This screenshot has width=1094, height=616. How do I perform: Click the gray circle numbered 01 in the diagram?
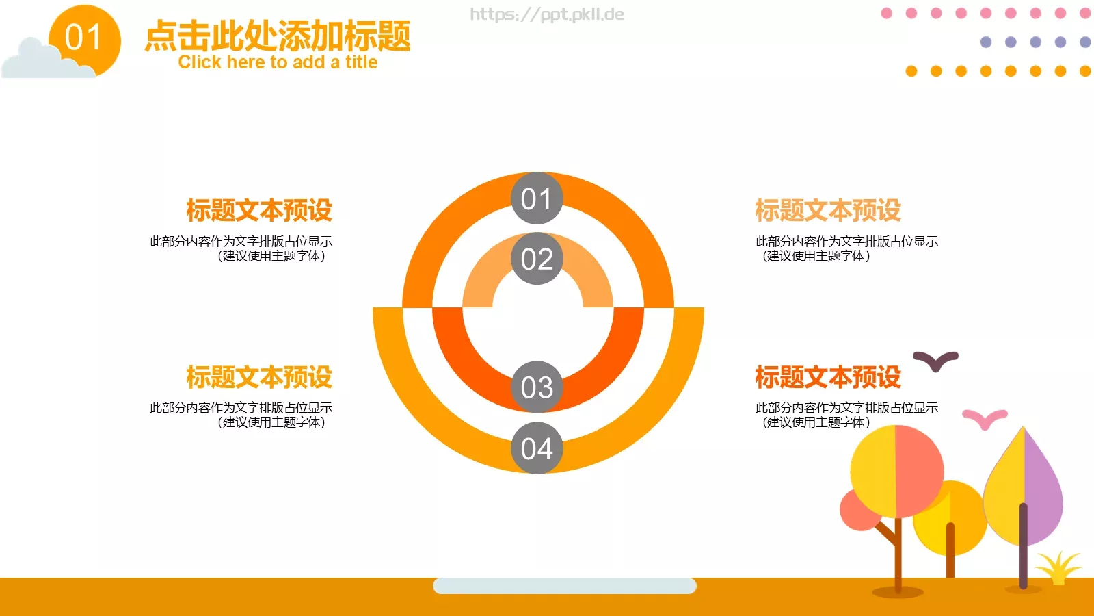[537, 198]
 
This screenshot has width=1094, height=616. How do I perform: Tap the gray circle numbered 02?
[537, 259]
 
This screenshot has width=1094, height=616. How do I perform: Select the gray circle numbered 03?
[537, 387]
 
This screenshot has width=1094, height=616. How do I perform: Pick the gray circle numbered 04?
[537, 448]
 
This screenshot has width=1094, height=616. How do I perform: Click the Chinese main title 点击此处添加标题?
[278, 36]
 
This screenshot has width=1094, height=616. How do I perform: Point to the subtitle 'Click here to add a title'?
[278, 62]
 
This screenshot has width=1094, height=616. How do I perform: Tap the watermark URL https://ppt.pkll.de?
[546, 14]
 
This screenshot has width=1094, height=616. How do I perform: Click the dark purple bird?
[935, 360]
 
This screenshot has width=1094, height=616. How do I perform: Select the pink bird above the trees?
[985, 418]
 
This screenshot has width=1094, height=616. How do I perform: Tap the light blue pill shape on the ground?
[564, 586]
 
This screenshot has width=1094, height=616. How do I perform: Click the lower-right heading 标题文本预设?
[828, 377]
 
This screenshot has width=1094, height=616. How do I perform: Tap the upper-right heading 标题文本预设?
[828, 210]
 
